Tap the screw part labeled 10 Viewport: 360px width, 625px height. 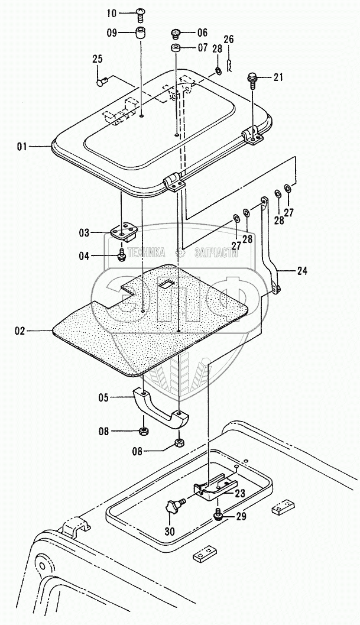point(141,12)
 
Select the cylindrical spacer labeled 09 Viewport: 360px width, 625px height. point(141,33)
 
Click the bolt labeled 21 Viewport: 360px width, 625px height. point(252,77)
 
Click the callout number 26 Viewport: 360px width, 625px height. point(229,40)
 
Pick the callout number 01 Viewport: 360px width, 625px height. point(21,146)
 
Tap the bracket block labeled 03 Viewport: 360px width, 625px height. point(125,232)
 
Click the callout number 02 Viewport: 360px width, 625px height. point(20,331)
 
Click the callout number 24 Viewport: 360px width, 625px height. point(303,272)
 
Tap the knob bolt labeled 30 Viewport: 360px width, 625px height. point(174,507)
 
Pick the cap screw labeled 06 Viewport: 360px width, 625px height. point(175,33)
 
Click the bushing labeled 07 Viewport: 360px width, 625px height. point(176,47)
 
